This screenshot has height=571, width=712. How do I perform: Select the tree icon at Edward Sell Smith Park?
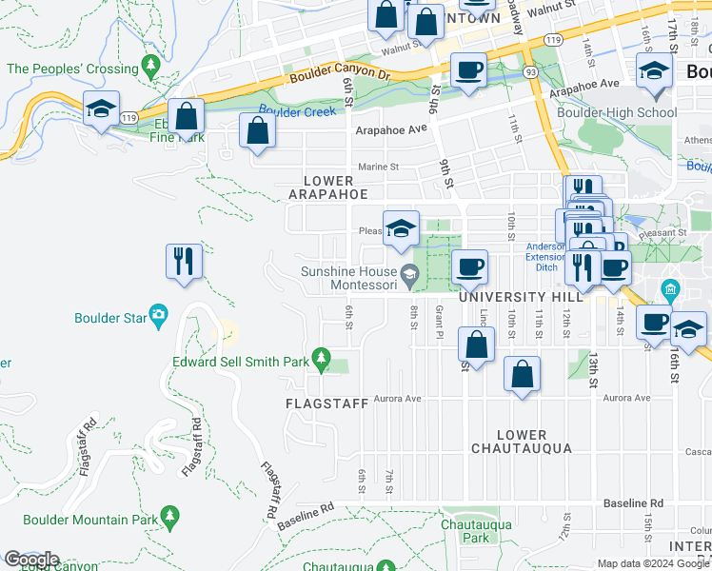pos(322,358)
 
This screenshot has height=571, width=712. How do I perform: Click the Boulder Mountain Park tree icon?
pos(170,517)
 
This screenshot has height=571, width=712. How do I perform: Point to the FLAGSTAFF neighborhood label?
pos(326,404)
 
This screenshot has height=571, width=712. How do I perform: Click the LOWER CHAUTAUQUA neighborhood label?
pos(521,442)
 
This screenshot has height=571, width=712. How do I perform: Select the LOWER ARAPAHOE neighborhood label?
pos(328,187)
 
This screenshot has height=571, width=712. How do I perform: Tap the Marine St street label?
pos(378,167)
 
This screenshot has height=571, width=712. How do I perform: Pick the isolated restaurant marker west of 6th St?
pos(184,261)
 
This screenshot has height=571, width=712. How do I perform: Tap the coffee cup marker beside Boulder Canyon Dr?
pos(468,71)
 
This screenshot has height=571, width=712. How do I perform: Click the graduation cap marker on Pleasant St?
pos(402,228)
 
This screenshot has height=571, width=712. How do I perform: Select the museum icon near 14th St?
pos(670,288)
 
